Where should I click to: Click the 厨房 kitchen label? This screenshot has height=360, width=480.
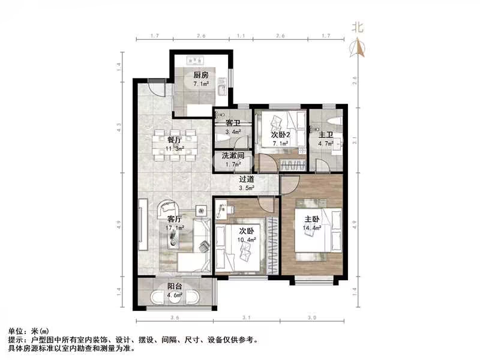(x=200, y=76)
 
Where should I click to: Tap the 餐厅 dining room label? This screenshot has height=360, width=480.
(x=175, y=140)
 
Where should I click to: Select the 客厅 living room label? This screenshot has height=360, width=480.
(x=175, y=219)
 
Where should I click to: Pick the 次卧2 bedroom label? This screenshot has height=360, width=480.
(x=280, y=135)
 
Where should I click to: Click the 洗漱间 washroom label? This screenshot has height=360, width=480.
(x=232, y=156)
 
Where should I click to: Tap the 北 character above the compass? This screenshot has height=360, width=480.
(x=358, y=27)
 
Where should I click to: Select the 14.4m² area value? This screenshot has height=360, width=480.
(x=313, y=228)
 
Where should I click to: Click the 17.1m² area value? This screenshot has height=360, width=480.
(x=175, y=228)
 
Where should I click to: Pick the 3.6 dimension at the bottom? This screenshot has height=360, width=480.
(x=175, y=317)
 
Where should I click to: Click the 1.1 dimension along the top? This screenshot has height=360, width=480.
(x=241, y=36)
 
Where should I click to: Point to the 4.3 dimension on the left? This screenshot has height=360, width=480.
(x=119, y=127)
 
